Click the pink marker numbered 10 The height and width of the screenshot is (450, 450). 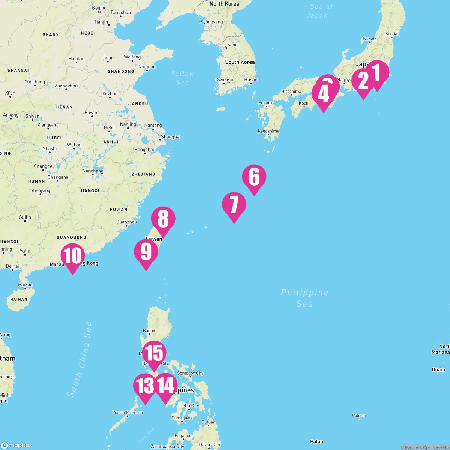73,256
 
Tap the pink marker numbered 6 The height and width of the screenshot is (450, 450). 254,177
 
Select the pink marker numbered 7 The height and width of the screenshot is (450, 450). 234,205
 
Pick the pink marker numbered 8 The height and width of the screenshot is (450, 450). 163,219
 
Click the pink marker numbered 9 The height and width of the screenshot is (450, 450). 146,252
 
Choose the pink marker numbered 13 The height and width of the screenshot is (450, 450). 145,386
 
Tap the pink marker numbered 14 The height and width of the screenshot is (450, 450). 165,386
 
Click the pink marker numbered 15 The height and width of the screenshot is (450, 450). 154,353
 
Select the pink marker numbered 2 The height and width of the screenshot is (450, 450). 363,81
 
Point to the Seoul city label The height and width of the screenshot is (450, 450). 233,45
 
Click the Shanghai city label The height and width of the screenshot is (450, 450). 171,137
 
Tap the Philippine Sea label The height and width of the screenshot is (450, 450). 304,298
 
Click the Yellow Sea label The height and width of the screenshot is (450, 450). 183,78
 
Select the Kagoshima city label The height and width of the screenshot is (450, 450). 268,131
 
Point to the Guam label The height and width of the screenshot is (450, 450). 438,369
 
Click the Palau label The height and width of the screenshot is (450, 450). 316,441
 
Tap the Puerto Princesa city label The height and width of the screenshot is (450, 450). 127,412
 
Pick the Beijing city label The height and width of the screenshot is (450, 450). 99,8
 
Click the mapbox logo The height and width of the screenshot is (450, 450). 16,445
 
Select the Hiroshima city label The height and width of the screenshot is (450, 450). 291,91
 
